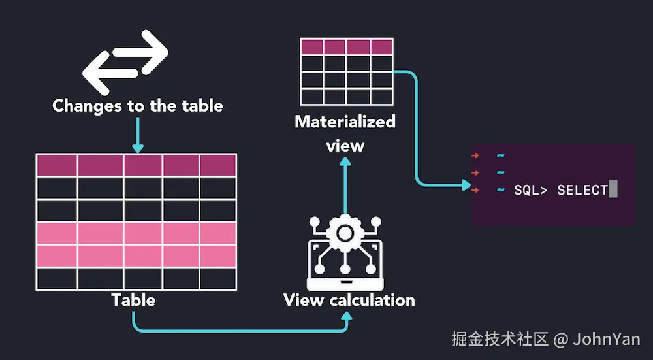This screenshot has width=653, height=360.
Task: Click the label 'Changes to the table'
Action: [x=137, y=106]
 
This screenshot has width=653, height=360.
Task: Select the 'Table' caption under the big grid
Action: [x=133, y=300]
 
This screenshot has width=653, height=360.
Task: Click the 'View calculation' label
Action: [x=349, y=300]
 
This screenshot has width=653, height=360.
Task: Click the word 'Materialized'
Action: [x=345, y=122]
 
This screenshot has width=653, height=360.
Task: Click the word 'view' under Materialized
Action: [x=345, y=145]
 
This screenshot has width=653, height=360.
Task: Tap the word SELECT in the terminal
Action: [x=582, y=190]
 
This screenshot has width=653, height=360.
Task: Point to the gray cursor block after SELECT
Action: [x=613, y=190]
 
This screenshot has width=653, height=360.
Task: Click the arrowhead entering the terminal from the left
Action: [x=466, y=186]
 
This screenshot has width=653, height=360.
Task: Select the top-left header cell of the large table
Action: [x=57, y=165]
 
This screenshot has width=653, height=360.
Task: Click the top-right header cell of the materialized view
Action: [x=381, y=46]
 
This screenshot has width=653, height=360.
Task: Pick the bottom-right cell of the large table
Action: [x=217, y=278]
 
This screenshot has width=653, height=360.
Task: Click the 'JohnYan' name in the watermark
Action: [x=607, y=339]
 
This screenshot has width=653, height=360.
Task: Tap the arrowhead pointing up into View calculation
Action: [x=347, y=317]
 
